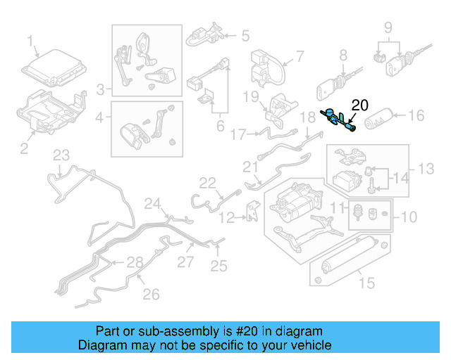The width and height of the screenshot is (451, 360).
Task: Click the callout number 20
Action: click(x=359, y=105)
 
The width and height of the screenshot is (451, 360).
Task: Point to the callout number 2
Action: click(x=24, y=147)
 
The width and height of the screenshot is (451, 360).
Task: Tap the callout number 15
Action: click(x=366, y=284)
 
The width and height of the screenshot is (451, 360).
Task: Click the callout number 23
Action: click(x=62, y=155)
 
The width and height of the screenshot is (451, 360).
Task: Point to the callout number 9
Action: click(x=388, y=28)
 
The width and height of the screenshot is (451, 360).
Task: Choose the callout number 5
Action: click(x=246, y=34)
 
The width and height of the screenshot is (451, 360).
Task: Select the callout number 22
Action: click(x=206, y=183)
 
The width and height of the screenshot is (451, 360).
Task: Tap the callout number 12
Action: click(x=225, y=219)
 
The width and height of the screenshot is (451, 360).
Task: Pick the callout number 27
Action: click(x=185, y=262)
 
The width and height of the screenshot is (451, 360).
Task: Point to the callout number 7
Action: click(x=299, y=56)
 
